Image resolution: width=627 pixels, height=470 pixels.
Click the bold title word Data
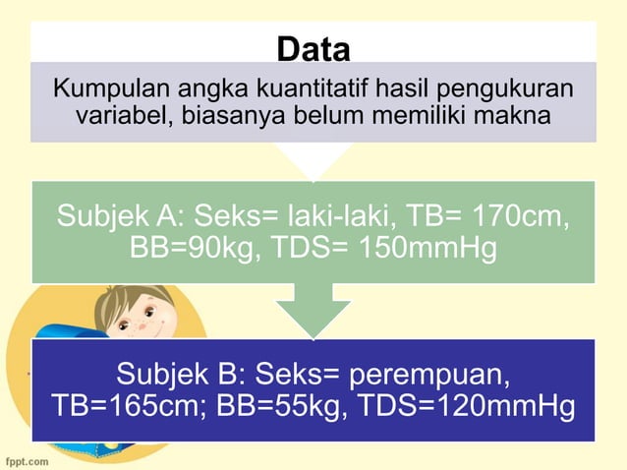pyautogui.click(x=313, y=47)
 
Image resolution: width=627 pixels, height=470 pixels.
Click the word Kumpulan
pyautogui.click(x=102, y=89)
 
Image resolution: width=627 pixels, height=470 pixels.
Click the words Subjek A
pyautogui.click(x=118, y=215)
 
